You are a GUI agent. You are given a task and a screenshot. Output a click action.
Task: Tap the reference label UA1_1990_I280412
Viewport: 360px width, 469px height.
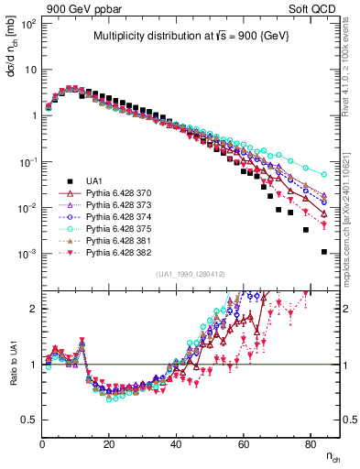(190, 274)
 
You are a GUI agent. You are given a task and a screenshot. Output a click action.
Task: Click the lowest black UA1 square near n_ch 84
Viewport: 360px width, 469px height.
(323, 251)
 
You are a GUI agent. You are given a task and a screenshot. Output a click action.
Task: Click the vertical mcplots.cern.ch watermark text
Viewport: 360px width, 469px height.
(352, 211)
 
